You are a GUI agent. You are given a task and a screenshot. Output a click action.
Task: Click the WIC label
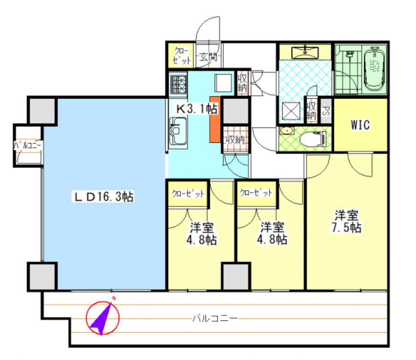[360, 125]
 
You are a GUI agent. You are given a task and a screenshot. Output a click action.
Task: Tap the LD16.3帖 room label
[103, 197]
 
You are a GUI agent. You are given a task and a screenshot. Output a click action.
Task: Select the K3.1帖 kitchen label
[197, 109]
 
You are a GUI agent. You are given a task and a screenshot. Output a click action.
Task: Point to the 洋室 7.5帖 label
[347, 221]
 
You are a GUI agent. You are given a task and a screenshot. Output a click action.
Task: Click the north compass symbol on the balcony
[103, 317]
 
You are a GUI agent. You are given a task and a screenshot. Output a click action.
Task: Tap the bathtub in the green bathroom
[374, 69]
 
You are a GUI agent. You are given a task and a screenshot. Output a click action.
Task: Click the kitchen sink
[178, 131]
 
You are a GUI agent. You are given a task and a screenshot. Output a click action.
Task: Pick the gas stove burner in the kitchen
[178, 84]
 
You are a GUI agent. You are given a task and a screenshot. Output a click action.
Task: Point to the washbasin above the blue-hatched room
[305, 52]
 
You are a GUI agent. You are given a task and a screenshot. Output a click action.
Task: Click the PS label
[326, 111]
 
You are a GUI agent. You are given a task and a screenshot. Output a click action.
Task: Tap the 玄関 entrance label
[208, 56]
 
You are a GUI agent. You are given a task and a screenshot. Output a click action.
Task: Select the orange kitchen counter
[215, 120]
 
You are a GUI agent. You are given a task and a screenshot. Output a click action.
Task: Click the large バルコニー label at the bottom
[215, 318]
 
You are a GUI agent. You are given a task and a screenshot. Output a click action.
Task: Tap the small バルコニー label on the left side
[28, 145]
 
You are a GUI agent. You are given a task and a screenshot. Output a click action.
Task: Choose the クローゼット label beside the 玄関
[182, 56]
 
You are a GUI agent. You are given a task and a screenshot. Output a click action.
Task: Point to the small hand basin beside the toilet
[286, 131]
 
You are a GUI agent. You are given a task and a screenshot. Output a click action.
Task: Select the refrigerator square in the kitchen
[223, 83]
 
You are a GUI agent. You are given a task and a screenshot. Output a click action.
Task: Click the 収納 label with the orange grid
[235, 140]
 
